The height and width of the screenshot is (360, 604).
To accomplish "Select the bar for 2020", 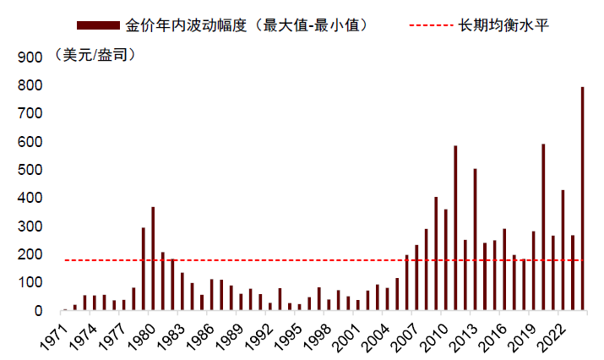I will [x=542, y=227].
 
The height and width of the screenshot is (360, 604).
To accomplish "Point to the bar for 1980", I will [x=153, y=259].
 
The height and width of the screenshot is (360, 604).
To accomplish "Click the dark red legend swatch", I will [x=99, y=25].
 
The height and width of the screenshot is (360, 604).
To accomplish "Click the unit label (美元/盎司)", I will [x=94, y=56].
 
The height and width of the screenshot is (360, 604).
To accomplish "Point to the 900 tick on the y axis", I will [x=30, y=57].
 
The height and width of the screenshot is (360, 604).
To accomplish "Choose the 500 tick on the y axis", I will [x=30, y=170].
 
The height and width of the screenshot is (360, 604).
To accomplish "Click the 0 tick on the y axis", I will [x=39, y=311].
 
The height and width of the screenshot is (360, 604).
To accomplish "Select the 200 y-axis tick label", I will [x=30, y=254].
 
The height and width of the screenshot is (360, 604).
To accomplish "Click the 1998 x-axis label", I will [x=319, y=335].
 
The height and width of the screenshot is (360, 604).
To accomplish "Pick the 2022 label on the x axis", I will [x=553, y=335].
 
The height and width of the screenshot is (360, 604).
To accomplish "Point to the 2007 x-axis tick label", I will [x=407, y=335].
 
